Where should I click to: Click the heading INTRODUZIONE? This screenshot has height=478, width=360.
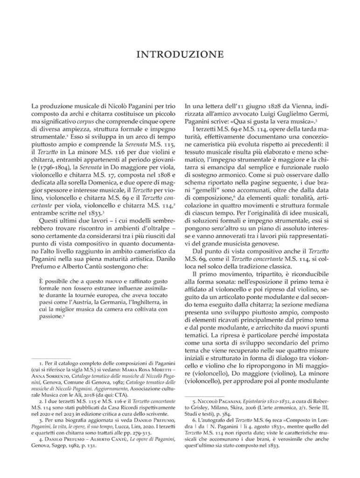pos(180,55)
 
